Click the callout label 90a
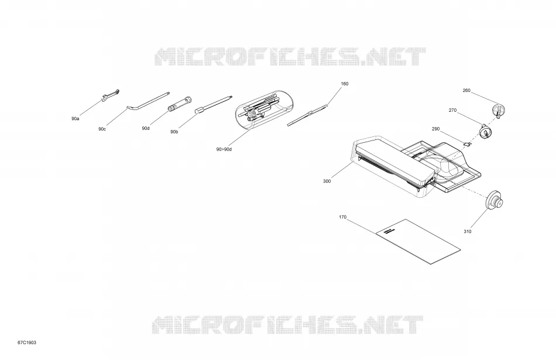(x=75, y=118)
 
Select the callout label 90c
(x=102, y=129)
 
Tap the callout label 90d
(x=146, y=128)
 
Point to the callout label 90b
(x=174, y=132)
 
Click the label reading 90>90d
(x=224, y=149)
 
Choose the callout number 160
(x=345, y=84)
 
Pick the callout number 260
(x=466, y=91)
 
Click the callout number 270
(x=452, y=110)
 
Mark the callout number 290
(x=436, y=129)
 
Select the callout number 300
(x=327, y=181)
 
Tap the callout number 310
(x=468, y=232)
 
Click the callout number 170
(x=342, y=217)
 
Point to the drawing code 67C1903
(x=27, y=342)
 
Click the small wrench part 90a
(x=110, y=95)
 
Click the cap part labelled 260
(x=499, y=110)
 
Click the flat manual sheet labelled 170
(x=418, y=242)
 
